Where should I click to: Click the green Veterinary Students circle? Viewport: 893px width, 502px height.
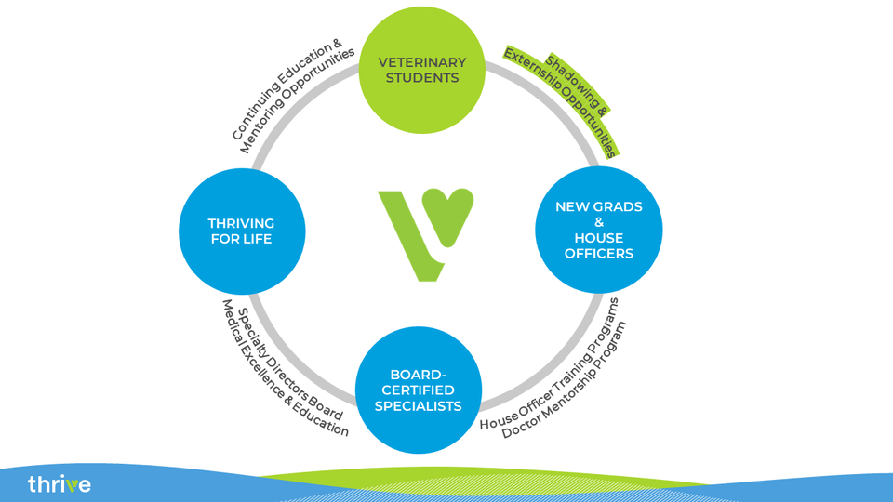click(x=422, y=70)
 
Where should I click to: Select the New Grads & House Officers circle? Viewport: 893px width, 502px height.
click(x=598, y=230)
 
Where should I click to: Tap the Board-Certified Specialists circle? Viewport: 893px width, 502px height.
click(x=419, y=390)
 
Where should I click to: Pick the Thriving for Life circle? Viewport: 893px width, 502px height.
click(x=242, y=231)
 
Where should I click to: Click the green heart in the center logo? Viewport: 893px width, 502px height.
click(x=449, y=215)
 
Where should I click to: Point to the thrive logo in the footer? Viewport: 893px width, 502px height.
click(x=60, y=484)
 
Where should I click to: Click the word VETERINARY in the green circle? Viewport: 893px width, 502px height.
click(x=422, y=62)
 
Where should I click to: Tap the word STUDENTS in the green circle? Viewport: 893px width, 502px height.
click(x=422, y=78)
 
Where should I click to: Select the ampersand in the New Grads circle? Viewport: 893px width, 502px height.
click(x=598, y=222)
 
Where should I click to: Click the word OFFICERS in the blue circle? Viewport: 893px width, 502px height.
click(x=598, y=253)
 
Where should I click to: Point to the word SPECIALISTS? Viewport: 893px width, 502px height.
click(x=418, y=406)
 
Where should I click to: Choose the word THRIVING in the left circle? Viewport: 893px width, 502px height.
click(x=241, y=223)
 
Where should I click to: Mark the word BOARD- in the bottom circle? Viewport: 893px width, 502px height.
click(x=418, y=375)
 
